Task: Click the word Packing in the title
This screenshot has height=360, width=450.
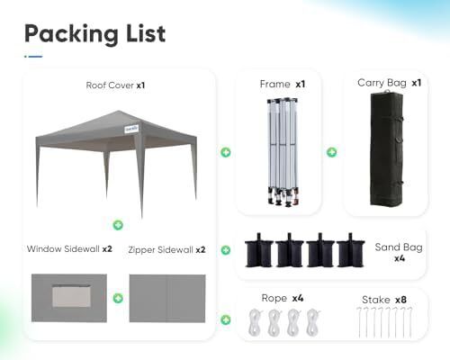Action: (71, 34)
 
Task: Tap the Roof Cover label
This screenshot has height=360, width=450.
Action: (110, 85)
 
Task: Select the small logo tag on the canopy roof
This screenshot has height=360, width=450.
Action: (131, 129)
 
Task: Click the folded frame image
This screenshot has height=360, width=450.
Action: (283, 152)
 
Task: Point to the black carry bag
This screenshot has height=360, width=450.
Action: (386, 149)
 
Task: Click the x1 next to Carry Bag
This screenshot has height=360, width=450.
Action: (417, 83)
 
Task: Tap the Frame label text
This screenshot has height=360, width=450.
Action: (274, 84)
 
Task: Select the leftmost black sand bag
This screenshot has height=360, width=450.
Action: (259, 250)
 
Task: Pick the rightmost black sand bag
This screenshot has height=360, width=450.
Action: (350, 250)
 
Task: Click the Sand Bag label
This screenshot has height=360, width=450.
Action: (399, 247)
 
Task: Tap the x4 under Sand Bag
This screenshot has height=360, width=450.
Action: (400, 258)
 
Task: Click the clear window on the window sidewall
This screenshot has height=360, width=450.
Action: (71, 296)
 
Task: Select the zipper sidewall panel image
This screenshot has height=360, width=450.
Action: (167, 298)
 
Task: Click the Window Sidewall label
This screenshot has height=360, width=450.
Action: (63, 249)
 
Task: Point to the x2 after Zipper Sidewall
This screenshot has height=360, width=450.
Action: (201, 250)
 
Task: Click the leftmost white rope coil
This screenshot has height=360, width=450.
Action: (256, 322)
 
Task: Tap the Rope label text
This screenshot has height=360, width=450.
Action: (274, 298)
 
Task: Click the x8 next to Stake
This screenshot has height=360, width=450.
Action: (400, 300)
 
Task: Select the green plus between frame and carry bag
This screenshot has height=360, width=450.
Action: (331, 152)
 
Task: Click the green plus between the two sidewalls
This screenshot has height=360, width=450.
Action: (118, 298)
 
